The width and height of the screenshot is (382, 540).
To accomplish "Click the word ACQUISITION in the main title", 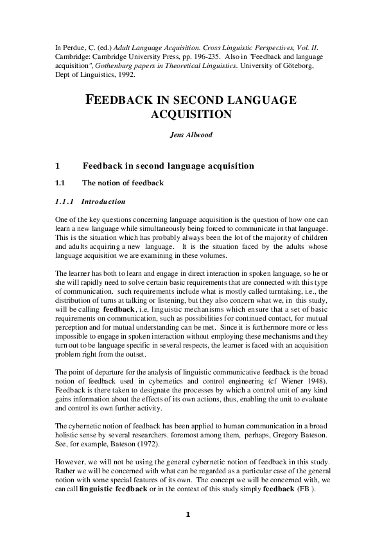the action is [190, 115].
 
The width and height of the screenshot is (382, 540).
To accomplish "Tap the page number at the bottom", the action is [188, 514].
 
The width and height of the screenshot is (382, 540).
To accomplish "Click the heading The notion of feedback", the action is [123, 183].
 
